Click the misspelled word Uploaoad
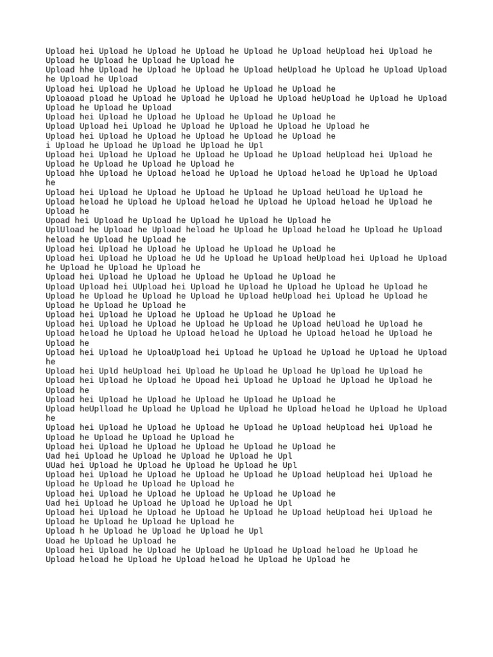[x=65, y=98]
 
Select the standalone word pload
[x=101, y=98]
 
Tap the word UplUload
[x=65, y=230]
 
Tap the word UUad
[x=55, y=465]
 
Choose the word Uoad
[x=55, y=541]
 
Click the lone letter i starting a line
[x=48, y=145]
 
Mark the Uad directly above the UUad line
[x=53, y=456]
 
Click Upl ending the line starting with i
[x=256, y=145]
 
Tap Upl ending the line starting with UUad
[x=290, y=465]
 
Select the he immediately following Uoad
[x=74, y=541]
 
